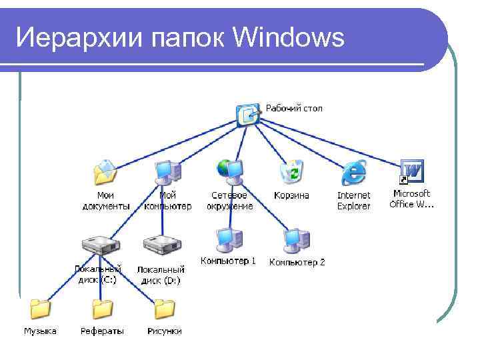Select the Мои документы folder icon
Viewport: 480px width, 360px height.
pos(106,172)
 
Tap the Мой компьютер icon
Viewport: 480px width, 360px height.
pos(167,171)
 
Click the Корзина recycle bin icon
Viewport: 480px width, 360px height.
pos(292,171)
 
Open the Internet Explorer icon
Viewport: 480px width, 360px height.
pos(353,173)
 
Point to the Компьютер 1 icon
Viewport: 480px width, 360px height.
pos(227,239)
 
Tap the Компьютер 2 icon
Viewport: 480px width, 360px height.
pos(295,239)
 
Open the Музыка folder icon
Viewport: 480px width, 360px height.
pos(40,309)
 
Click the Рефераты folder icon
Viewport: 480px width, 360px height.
pos(102,309)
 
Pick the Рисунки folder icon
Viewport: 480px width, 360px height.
pos(164,309)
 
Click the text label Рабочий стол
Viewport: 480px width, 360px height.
pos(294,108)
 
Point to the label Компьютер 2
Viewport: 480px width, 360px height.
pos(297,263)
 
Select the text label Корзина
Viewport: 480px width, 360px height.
pos(291,195)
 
